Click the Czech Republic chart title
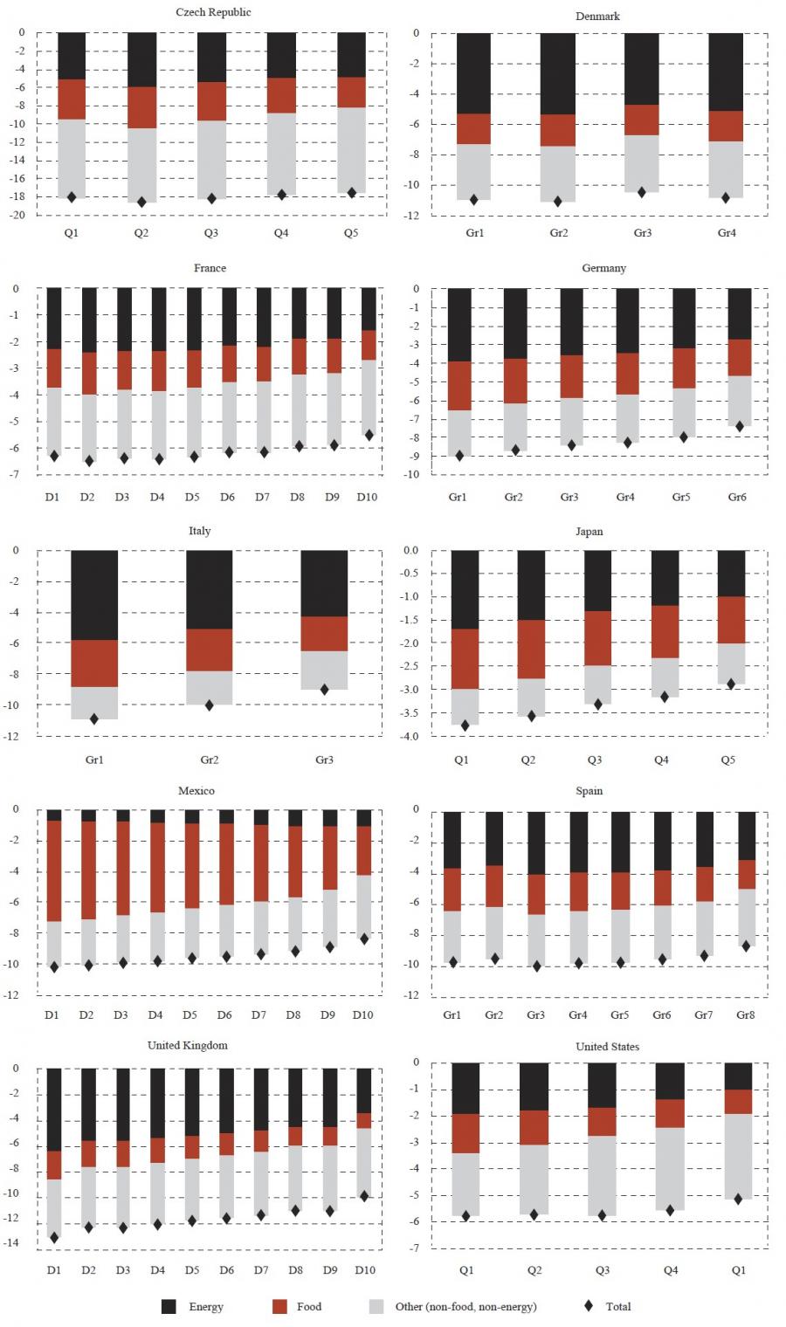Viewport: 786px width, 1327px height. coord(213,12)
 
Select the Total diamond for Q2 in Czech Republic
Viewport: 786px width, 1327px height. coord(141,202)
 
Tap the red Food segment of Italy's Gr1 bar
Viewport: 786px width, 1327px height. coord(94,663)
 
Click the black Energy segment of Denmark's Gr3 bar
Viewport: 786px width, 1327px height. coord(642,69)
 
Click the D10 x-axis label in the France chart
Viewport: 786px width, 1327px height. coord(367,497)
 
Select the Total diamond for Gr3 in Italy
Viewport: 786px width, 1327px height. coord(324,690)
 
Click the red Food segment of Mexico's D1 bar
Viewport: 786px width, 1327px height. coord(54,871)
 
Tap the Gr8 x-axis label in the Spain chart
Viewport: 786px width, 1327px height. coord(746,1014)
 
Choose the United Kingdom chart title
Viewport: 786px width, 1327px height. coord(187,1045)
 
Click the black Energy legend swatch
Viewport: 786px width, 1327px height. coord(169,1307)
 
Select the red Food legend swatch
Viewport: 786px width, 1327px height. coord(279,1307)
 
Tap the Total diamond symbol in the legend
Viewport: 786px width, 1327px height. coord(589,1306)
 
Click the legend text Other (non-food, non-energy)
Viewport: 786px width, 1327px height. coord(465,1307)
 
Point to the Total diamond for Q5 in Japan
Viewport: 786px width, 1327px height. coord(731,684)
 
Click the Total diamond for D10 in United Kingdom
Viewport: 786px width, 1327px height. coord(364,1196)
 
